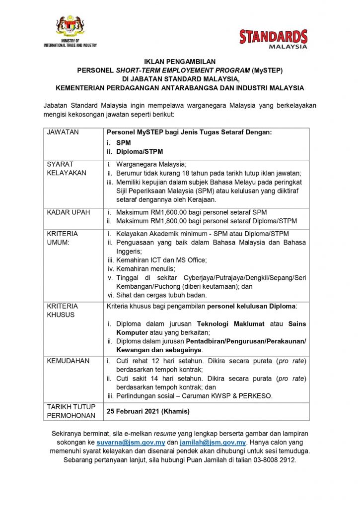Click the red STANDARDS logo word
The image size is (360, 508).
(273, 37)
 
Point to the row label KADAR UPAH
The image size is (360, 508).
(68, 212)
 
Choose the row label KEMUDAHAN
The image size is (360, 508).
(68, 361)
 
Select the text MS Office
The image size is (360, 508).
(190, 260)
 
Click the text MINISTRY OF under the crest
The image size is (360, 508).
(70, 41)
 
